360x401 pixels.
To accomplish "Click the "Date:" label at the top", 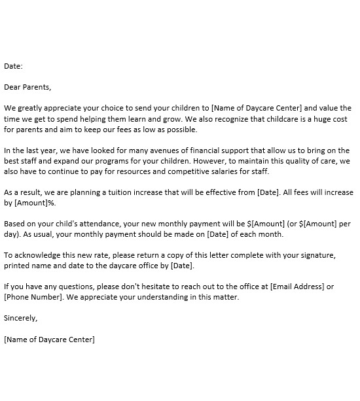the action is click(x=14, y=66).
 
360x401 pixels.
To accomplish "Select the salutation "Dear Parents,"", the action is click(x=27, y=87).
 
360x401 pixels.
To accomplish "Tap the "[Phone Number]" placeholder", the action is click(x=34, y=297).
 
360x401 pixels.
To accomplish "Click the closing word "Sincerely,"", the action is click(x=21, y=318).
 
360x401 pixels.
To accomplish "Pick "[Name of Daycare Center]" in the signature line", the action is click(x=49, y=340).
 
